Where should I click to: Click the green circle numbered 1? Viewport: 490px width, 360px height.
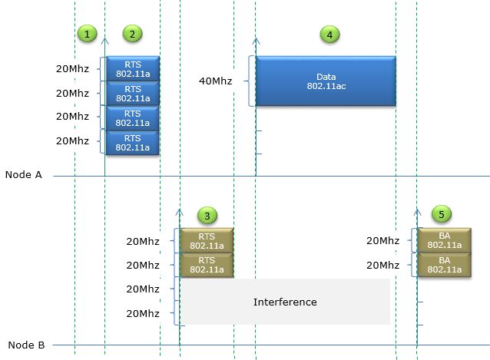[88, 34]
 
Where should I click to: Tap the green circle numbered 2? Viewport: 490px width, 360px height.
[132, 34]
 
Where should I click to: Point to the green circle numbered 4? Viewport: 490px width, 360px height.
[329, 34]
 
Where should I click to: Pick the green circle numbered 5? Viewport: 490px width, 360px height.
[442, 215]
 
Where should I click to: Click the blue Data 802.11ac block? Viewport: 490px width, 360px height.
[326, 81]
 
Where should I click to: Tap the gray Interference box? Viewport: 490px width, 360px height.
[285, 302]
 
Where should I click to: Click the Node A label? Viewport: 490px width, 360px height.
[24, 175]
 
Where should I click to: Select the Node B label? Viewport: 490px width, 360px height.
[24, 345]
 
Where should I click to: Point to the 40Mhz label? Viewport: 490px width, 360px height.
[215, 81]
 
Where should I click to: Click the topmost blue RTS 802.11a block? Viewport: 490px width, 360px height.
[132, 68]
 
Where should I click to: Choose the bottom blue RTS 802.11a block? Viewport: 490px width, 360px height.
[132, 143]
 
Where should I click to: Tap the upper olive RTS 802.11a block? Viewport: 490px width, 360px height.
[206, 240]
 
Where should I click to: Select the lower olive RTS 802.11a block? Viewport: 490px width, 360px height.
[206, 265]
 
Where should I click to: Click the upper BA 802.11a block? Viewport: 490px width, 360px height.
[444, 240]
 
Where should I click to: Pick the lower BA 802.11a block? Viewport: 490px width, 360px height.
[444, 265]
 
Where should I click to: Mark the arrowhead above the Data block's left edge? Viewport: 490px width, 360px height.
[256, 39]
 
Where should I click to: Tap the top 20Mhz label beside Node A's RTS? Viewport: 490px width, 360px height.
[73, 68]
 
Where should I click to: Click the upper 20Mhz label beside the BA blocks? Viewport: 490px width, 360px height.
[383, 240]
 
